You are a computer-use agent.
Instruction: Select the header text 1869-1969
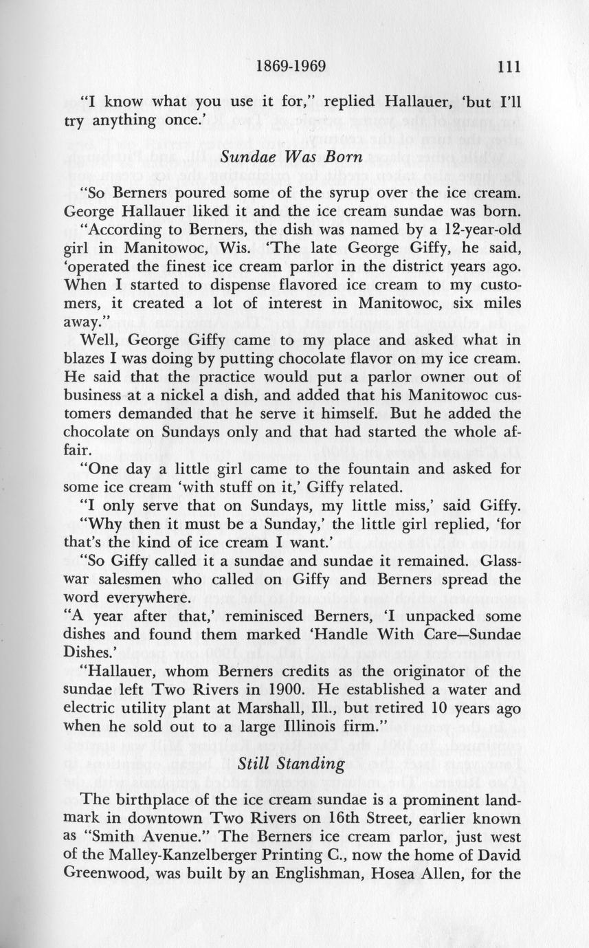[289, 67]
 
